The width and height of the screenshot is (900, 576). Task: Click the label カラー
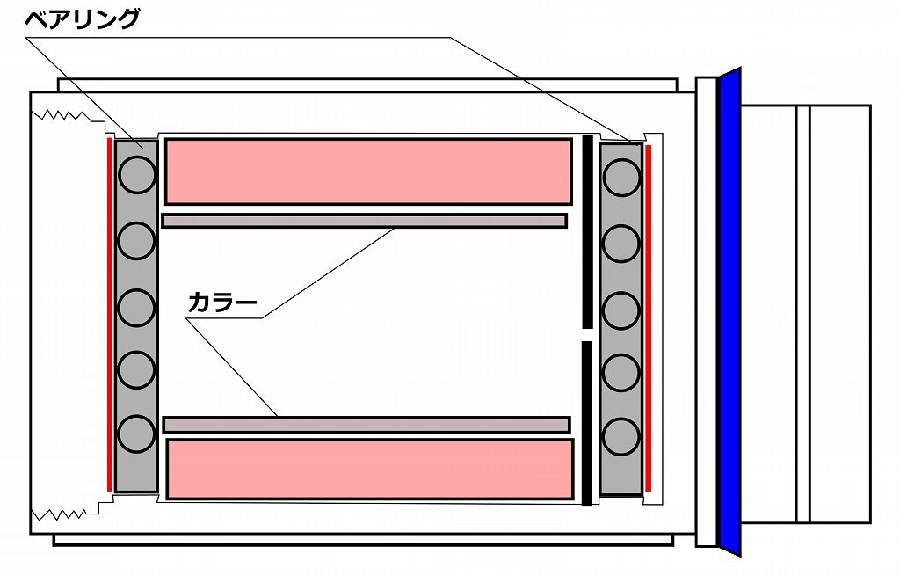222,303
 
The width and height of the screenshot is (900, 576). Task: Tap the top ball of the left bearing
136,175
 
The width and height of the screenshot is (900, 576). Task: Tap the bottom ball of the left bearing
136,434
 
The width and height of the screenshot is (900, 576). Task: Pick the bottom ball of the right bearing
621,435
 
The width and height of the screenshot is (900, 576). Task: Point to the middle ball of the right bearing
621,308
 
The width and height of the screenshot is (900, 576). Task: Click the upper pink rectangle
368,171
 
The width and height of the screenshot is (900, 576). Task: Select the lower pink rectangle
370,469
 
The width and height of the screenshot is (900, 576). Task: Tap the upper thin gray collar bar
364,221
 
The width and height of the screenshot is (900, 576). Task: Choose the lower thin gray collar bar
366,425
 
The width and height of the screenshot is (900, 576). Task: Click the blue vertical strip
730,312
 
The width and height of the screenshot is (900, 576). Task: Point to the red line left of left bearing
109,312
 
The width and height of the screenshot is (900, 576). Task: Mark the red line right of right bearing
649,317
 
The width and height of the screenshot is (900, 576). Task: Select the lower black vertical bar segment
587,422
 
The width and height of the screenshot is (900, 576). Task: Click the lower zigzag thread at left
62,510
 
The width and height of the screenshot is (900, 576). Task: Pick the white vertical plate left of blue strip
706,312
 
